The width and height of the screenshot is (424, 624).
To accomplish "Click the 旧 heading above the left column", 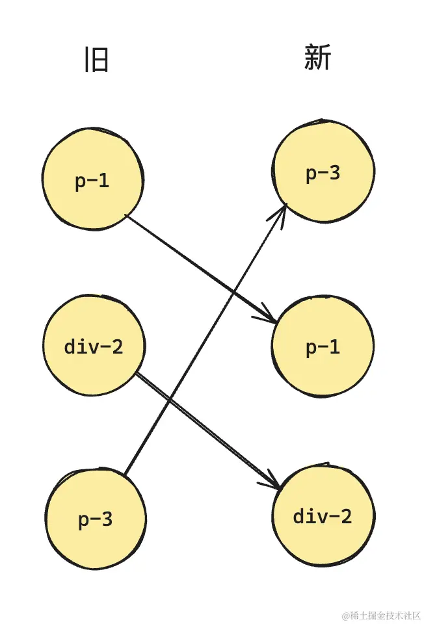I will [96, 60].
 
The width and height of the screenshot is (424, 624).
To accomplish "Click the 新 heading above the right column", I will [317, 58].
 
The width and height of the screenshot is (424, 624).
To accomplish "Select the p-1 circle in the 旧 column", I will [92, 181].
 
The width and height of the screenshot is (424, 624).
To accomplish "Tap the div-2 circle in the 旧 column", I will [94, 346].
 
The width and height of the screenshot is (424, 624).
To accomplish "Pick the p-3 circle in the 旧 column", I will [95, 519].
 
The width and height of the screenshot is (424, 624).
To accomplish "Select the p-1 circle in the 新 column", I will [323, 347].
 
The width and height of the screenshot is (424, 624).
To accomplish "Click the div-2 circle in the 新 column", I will [323, 517].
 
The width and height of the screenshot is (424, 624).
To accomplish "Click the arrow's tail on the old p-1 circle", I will [126, 216].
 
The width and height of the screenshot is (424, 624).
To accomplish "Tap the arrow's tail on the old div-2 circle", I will [138, 374].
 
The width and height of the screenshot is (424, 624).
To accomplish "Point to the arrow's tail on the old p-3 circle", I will [125, 474].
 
